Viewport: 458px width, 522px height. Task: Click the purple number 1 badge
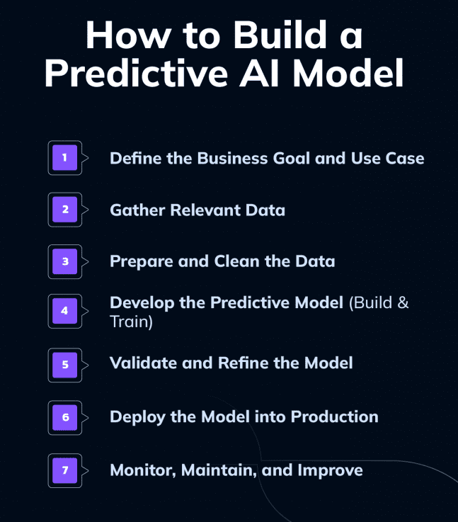coord(64,158)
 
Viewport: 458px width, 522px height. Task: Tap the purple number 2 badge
coord(64,210)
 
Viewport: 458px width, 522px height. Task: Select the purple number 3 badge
coord(64,261)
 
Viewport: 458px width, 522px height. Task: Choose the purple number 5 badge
coord(64,365)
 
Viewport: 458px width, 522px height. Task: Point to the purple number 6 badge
coord(64,417)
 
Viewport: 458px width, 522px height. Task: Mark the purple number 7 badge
coord(64,470)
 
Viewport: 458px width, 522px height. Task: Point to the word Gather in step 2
coord(135,210)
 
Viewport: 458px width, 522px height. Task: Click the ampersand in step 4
coord(403,303)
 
